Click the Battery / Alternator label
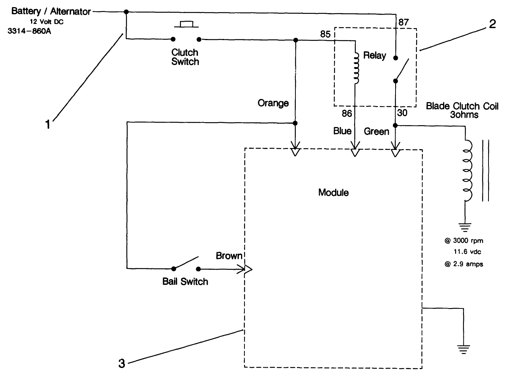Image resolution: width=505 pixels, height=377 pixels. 51,11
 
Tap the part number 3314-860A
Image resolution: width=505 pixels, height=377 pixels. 29,31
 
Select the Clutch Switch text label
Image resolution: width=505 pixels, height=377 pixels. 185,57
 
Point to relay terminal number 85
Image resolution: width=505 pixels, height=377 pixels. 325,34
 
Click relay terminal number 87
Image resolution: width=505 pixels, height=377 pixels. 403,22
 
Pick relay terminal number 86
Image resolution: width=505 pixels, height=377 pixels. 347,113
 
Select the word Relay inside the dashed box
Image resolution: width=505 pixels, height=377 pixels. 375,55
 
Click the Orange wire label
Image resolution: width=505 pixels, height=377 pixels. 273,103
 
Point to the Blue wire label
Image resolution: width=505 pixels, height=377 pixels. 342,131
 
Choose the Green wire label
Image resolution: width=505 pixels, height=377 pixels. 376,131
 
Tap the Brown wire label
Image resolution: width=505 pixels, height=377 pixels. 229,256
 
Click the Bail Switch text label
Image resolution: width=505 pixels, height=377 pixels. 185,281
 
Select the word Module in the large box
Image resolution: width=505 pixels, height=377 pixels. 333,193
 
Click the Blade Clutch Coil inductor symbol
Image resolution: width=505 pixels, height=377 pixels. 467,171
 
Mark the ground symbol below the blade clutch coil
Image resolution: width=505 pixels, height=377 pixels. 465,227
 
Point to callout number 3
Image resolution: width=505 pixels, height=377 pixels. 121,363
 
